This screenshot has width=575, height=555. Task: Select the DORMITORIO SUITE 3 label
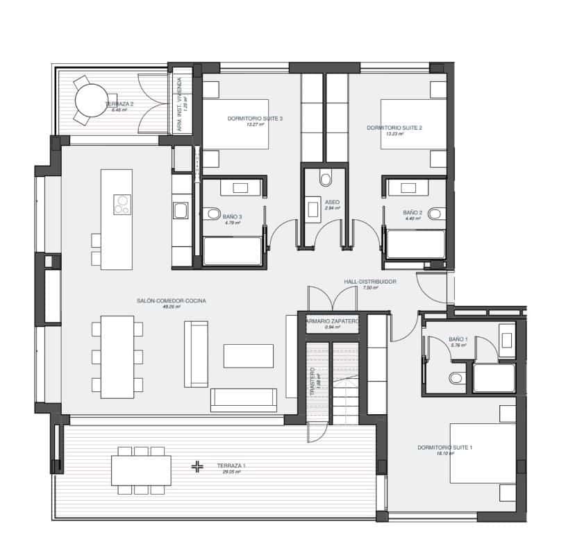(x=255, y=119)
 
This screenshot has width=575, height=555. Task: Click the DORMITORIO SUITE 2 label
(x=394, y=128)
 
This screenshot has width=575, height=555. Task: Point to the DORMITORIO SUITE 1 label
(x=445, y=447)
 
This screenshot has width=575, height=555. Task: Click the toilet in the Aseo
(x=325, y=180)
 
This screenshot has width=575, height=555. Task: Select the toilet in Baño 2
(x=435, y=213)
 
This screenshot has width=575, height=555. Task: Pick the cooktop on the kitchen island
(x=123, y=203)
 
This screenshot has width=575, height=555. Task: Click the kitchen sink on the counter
(x=179, y=209)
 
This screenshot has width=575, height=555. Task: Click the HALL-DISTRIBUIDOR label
(x=370, y=282)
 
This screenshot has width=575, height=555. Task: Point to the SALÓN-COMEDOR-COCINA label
(x=166, y=301)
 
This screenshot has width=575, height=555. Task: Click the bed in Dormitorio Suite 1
(x=483, y=454)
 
